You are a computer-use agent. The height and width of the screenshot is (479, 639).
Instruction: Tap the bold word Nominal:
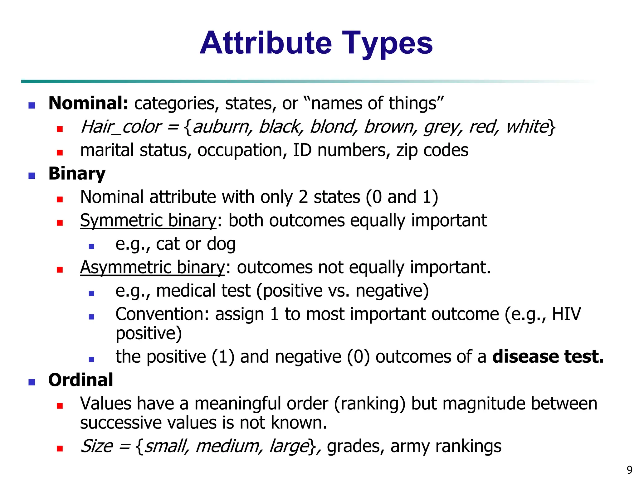88,103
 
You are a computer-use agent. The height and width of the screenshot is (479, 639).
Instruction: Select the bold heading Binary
77,173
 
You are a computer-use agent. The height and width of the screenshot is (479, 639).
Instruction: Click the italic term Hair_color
120,127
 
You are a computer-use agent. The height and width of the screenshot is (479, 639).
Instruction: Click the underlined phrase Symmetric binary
148,220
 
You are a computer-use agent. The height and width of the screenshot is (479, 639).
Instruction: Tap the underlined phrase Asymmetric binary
152,267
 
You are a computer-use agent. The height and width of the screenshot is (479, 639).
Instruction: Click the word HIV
566,314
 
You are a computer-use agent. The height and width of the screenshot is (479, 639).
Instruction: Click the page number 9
629,470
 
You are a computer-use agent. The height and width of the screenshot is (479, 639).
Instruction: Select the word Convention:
162,314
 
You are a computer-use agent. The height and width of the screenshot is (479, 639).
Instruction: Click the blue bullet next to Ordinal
32,382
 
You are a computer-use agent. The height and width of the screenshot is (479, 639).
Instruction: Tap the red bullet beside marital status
60,152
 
